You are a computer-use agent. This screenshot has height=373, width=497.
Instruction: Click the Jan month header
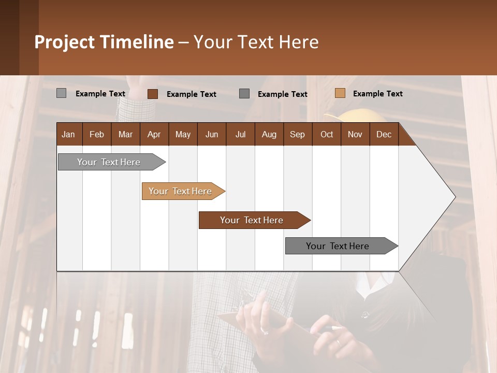pos(68,134)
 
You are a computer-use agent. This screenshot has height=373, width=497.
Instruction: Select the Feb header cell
pos(97,134)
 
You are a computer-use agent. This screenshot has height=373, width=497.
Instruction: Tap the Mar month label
pos(125,134)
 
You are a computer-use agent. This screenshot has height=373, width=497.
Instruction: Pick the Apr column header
pos(154,134)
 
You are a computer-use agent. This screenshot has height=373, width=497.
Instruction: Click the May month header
pos(183,134)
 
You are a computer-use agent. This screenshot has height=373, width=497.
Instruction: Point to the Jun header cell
pos(212,134)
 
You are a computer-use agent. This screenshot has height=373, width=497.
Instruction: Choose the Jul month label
pos(240,134)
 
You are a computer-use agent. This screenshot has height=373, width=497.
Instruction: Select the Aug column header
pos(269,134)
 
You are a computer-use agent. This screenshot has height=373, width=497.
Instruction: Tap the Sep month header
pos(297,134)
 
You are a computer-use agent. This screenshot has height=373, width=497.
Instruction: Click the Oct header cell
pos(327,134)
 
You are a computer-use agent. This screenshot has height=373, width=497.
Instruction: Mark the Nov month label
pos(355,134)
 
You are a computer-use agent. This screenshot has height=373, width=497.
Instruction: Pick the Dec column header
pos(384,134)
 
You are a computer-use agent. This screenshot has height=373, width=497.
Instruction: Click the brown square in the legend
pos(153,94)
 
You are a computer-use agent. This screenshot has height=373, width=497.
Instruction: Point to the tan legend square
pos(340,93)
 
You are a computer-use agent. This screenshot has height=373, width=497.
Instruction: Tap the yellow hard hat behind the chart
pos(357,115)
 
